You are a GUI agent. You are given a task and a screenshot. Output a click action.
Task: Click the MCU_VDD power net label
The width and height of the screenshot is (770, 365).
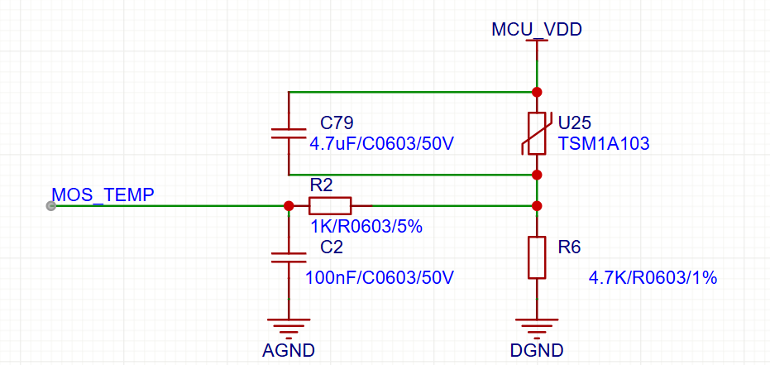pyautogui.click(x=537, y=30)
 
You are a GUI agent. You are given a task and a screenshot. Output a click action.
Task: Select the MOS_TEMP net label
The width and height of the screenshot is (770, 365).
pyautogui.click(x=103, y=195)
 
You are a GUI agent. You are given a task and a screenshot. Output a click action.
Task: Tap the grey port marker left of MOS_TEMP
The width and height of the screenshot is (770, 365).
pyautogui.click(x=51, y=206)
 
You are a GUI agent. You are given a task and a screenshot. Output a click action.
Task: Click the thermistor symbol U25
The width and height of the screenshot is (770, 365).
pyautogui.click(x=537, y=133)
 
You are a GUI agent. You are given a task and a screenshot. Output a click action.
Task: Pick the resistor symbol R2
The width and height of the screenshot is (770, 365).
pyautogui.click(x=330, y=206)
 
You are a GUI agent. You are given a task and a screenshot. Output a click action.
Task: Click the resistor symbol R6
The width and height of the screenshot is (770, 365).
pyautogui.click(x=537, y=257)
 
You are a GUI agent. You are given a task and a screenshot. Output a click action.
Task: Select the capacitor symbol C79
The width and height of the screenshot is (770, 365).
pyautogui.click(x=289, y=133)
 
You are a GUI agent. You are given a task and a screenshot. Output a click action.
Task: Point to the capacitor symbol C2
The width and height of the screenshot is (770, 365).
pyautogui.click(x=289, y=257)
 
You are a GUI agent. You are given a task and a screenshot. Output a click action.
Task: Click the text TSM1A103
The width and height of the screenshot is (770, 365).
pyautogui.click(x=603, y=143)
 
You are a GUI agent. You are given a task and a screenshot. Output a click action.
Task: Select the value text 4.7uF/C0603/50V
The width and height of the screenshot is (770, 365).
pyautogui.click(x=381, y=143)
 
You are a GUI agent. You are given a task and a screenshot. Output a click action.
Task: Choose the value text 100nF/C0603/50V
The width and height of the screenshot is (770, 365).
pyautogui.click(x=380, y=277)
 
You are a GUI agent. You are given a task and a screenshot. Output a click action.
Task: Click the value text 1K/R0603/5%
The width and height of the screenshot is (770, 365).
pyautogui.click(x=366, y=226)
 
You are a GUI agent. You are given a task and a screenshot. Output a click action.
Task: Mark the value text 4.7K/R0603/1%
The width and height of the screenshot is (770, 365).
pyautogui.click(x=652, y=277)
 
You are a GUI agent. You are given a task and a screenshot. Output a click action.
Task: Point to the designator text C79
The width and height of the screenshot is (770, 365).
pyautogui.click(x=337, y=122)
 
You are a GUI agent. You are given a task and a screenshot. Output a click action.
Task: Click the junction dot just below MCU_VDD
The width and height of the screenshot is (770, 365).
pyautogui.click(x=537, y=91)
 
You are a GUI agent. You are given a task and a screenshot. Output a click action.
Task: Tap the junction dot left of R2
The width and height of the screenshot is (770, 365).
pyautogui.click(x=289, y=206)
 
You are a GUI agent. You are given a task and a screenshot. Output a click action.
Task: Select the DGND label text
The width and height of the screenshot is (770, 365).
pyautogui.click(x=537, y=351)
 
